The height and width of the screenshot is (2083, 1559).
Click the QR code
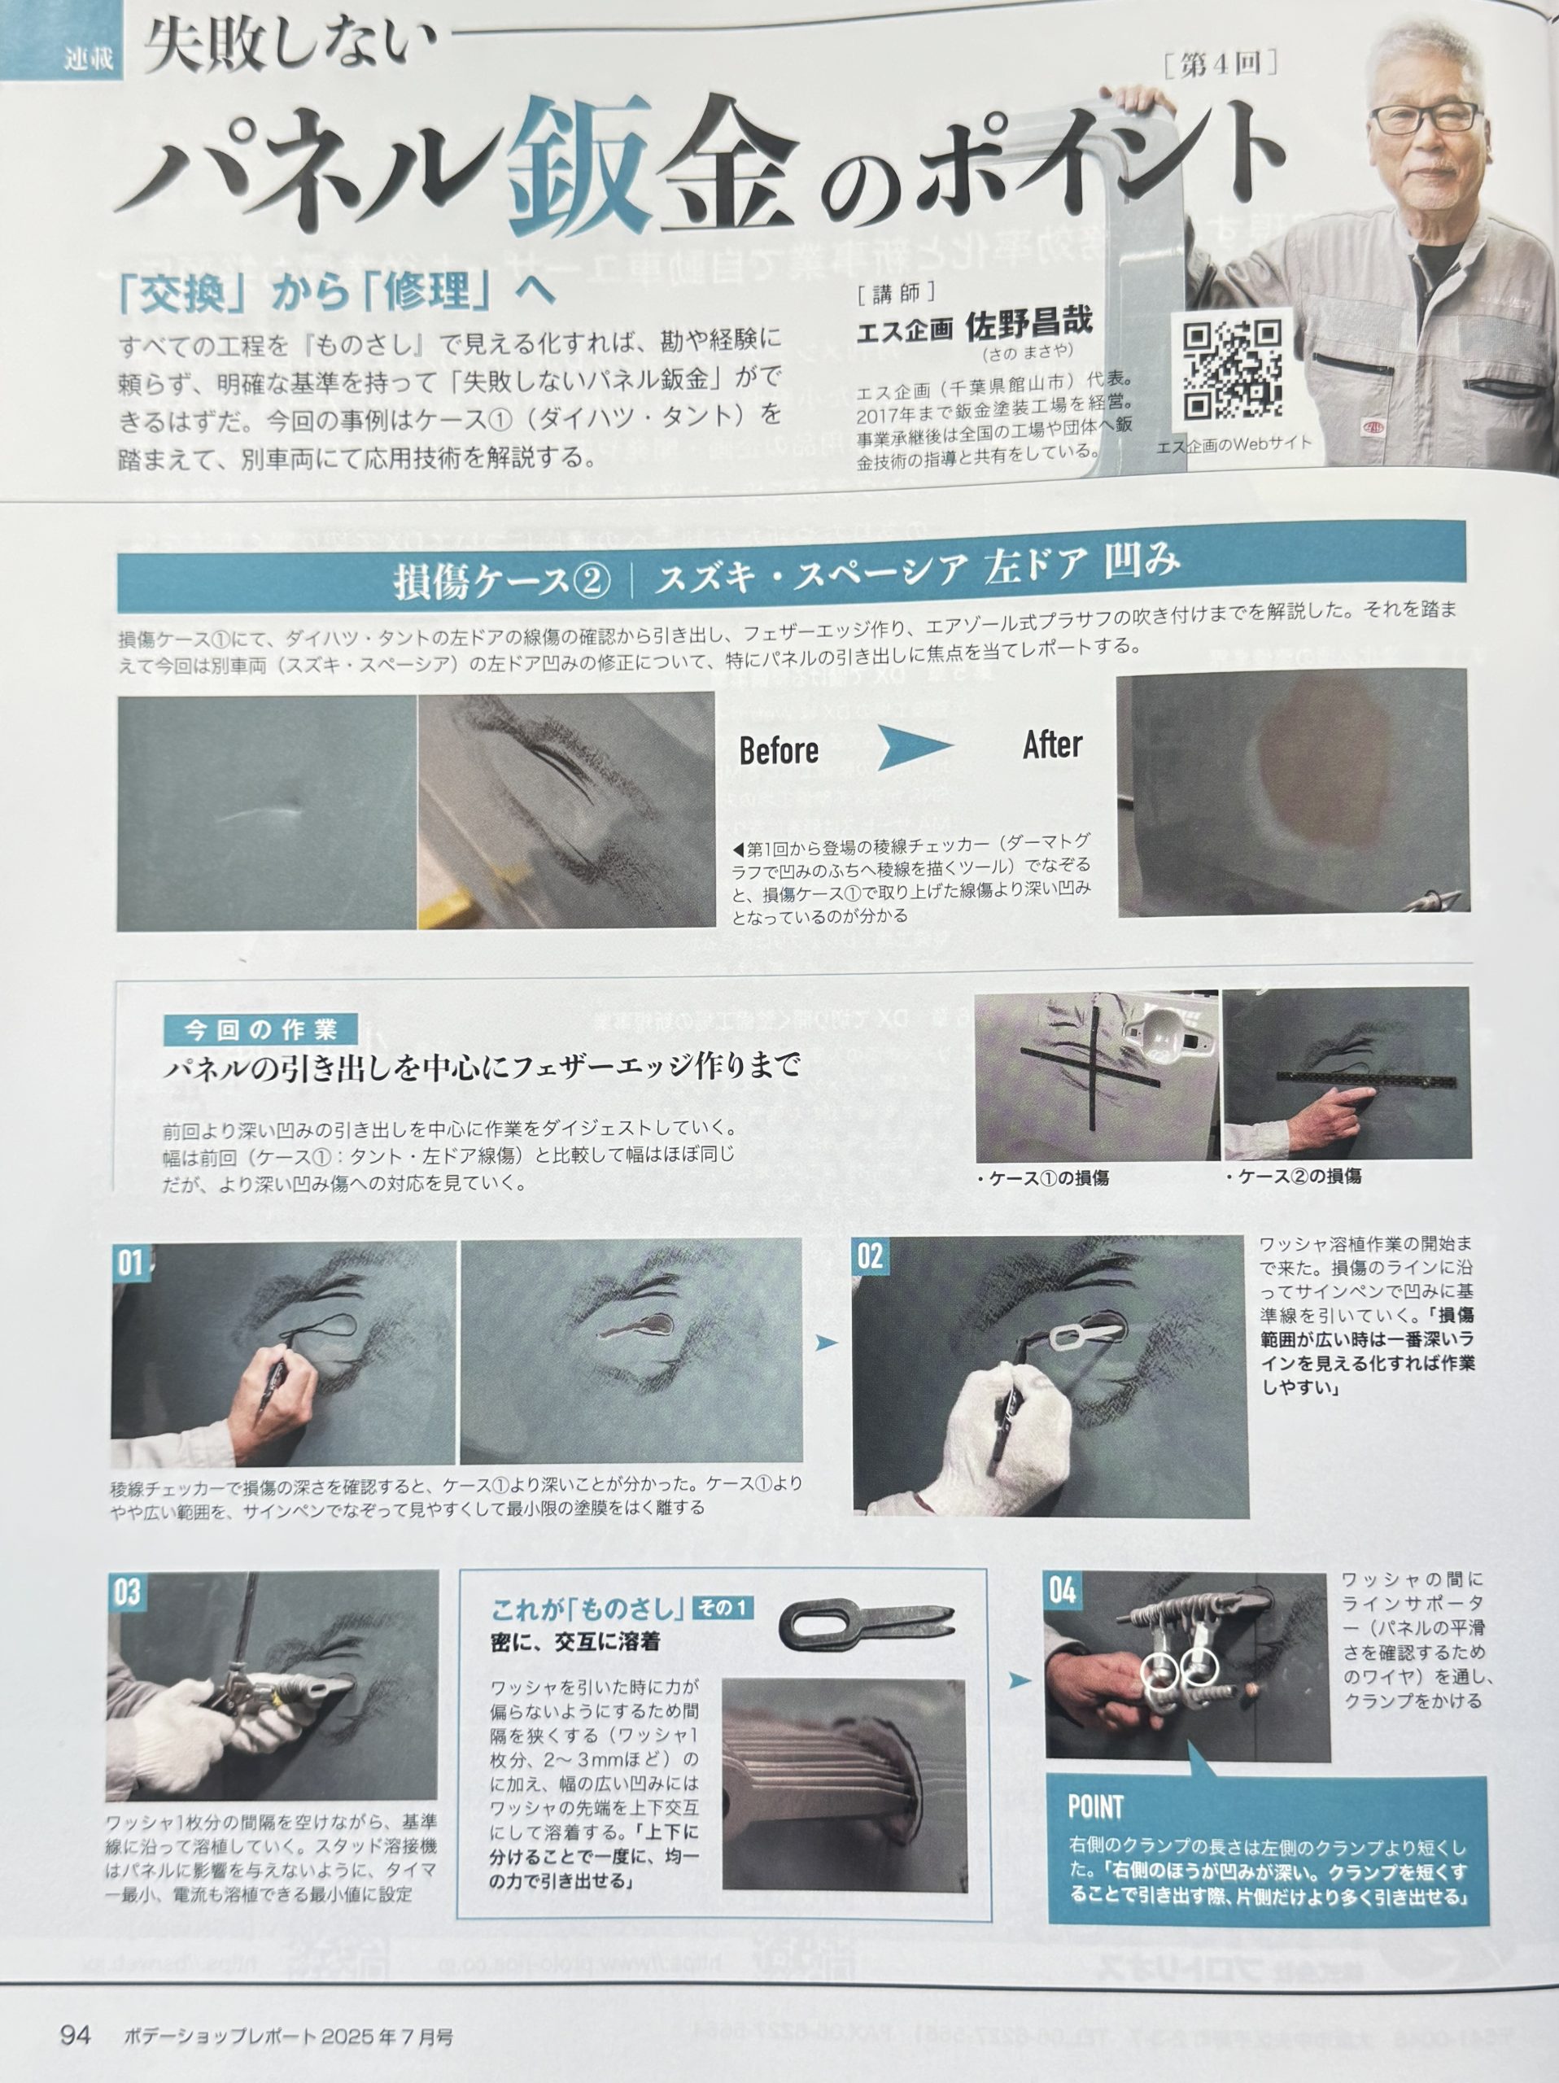point(1233,371)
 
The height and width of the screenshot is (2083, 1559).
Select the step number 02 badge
point(871,1255)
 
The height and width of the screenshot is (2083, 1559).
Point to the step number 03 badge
point(127,1592)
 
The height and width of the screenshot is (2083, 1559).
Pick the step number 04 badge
point(1063,1591)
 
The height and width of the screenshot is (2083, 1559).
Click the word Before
point(779,750)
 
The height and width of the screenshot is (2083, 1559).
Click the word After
point(1053,745)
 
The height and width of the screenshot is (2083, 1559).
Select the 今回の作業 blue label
point(259,1029)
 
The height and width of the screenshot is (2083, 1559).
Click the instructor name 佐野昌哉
point(1029,325)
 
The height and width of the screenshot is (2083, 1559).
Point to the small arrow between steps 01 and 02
point(826,1343)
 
